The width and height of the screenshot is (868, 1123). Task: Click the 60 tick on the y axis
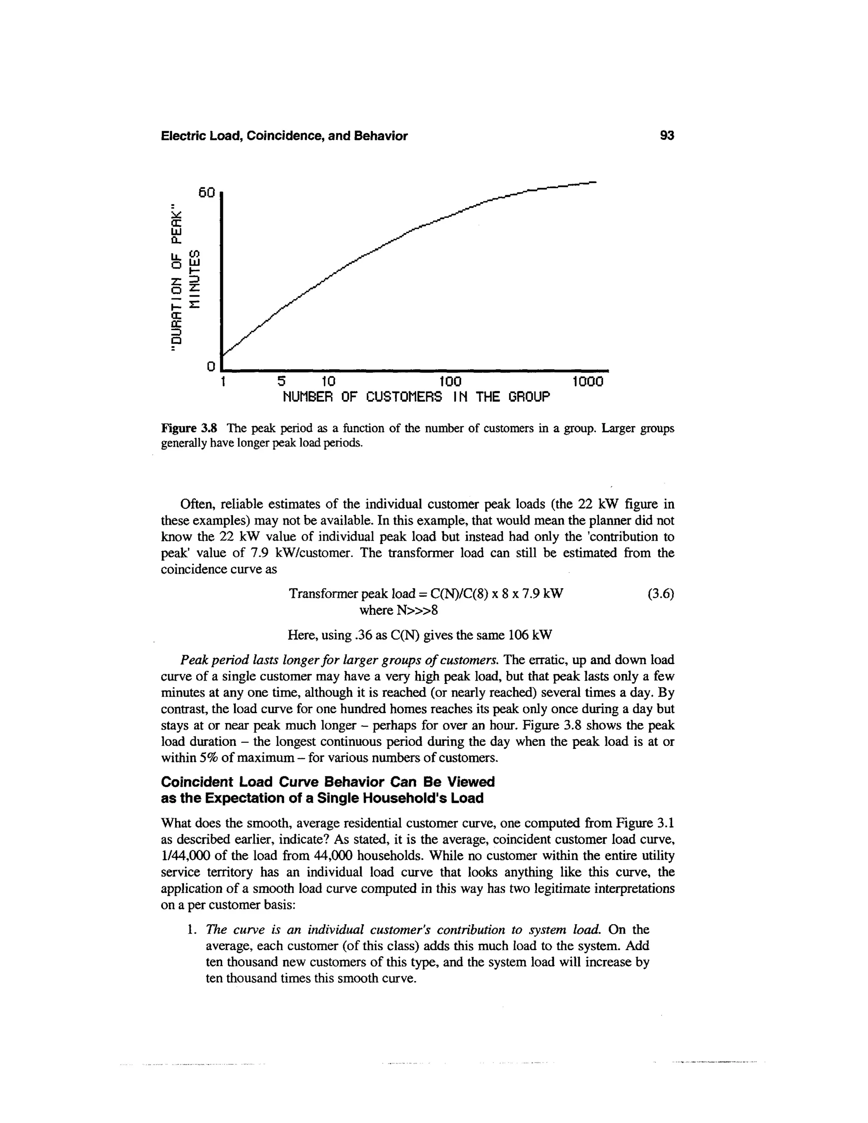click(x=206, y=193)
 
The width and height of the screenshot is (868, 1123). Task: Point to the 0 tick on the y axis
click(x=210, y=367)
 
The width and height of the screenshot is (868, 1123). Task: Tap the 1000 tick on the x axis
click(x=589, y=382)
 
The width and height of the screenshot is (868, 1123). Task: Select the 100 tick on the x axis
click(x=451, y=382)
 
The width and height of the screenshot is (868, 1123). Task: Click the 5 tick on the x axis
click(x=281, y=382)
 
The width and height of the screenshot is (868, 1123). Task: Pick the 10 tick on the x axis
click(x=328, y=382)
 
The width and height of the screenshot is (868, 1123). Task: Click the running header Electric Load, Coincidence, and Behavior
click(x=284, y=136)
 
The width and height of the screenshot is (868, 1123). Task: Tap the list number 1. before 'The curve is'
click(x=192, y=930)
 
